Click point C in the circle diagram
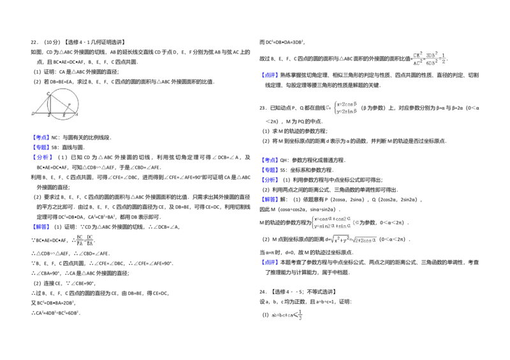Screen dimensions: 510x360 48,94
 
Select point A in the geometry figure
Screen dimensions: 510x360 77,115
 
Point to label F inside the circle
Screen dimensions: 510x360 68,104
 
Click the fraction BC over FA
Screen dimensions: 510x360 80,239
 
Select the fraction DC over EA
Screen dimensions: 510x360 91,239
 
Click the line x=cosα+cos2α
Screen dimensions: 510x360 332,218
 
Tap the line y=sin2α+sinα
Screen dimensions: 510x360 332,226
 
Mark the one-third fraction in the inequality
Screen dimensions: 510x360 300,314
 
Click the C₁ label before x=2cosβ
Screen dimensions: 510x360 328,108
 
